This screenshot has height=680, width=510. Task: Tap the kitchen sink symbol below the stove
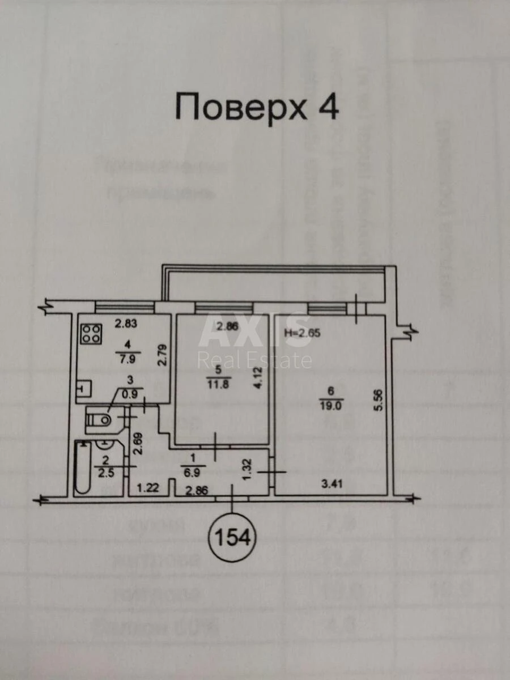(x=83, y=388)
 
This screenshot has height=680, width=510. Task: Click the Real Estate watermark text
(x=254, y=360)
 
